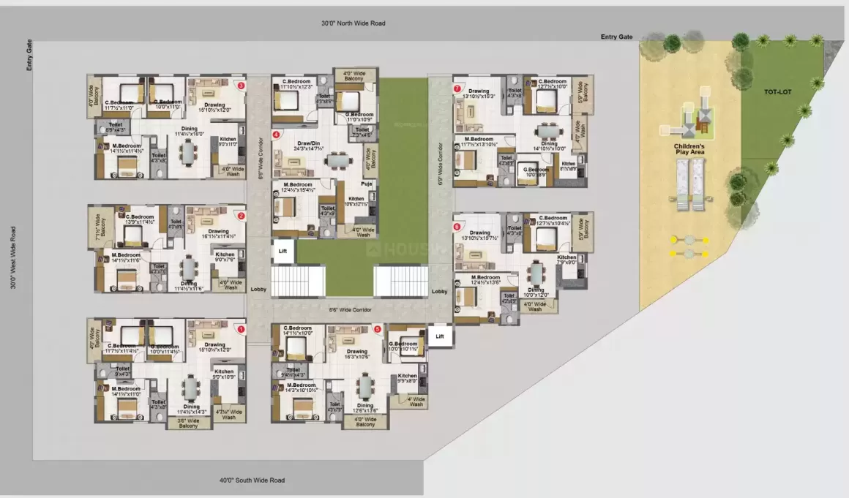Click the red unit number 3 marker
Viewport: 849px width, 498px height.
pyautogui.click(x=241, y=86)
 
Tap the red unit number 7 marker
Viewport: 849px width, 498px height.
pyautogui.click(x=457, y=88)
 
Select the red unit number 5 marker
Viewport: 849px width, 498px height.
pyautogui.click(x=377, y=329)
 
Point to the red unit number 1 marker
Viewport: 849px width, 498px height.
pyautogui.click(x=241, y=330)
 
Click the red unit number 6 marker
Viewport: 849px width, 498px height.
pyautogui.click(x=457, y=227)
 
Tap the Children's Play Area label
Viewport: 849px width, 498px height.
pyautogui.click(x=689, y=151)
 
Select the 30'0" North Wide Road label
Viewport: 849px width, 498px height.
pyautogui.click(x=353, y=23)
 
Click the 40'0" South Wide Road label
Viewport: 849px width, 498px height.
pyautogui.click(x=252, y=480)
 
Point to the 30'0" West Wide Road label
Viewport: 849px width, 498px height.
pyautogui.click(x=13, y=257)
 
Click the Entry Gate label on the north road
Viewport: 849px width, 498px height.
pyautogui.click(x=616, y=37)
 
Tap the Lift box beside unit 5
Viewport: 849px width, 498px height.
pyautogui.click(x=439, y=336)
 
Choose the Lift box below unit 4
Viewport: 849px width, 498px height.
pyautogui.click(x=283, y=251)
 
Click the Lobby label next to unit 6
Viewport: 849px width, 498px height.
pyautogui.click(x=439, y=291)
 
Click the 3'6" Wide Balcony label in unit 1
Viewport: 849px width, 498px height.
pyautogui.click(x=188, y=423)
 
